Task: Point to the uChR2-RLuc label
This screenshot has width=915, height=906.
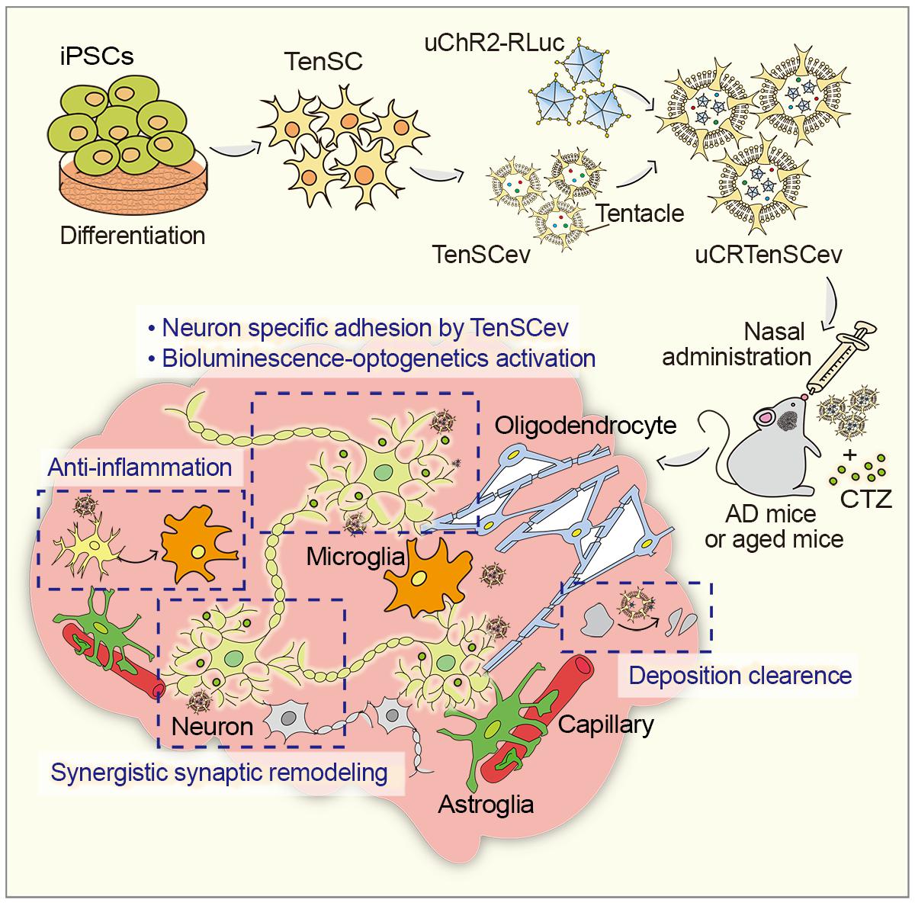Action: coord(495,42)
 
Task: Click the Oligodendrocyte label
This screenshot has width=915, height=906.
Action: coord(586,424)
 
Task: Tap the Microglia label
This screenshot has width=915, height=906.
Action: coord(355,556)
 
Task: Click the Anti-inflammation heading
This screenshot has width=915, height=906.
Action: coord(140,467)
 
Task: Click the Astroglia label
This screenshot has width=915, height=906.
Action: coord(485,803)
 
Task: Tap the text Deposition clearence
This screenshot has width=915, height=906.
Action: coord(740,675)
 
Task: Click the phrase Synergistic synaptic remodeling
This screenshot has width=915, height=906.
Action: coord(219,772)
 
